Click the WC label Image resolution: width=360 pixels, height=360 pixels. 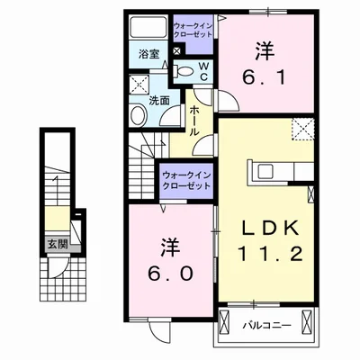point(203,71)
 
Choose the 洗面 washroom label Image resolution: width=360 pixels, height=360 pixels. point(159,102)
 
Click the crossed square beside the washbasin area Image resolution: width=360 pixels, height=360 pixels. point(139,84)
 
